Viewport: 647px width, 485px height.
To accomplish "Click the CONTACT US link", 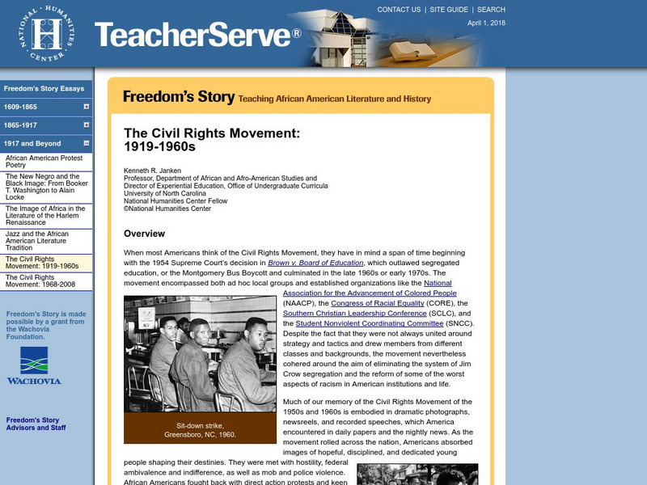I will click(x=399, y=10).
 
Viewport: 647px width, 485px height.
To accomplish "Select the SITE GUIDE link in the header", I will click(x=449, y=10).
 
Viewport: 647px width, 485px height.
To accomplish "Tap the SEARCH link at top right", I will click(x=491, y=10).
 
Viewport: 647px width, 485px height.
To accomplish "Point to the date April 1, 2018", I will click(x=486, y=24).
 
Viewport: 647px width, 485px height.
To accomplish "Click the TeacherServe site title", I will click(x=197, y=35).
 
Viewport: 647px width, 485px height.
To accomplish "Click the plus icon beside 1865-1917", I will click(x=86, y=125).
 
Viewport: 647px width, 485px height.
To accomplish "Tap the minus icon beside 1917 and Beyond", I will click(x=86, y=143).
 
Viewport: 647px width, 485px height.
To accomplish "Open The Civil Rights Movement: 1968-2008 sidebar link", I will click(x=41, y=281).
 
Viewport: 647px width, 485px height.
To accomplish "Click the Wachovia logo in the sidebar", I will click(x=33, y=366).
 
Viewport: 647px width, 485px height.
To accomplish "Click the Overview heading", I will click(x=145, y=234).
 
